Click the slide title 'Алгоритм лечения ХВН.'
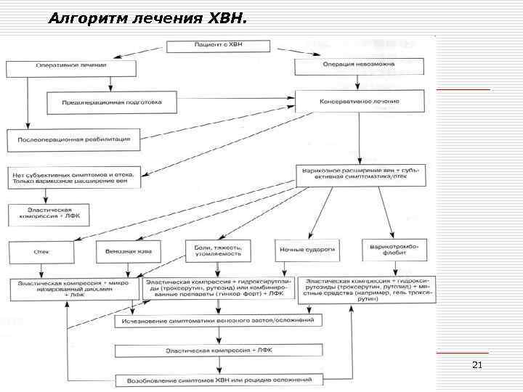click(147, 17)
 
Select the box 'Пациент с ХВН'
click(219, 46)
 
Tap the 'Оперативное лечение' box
click(71, 68)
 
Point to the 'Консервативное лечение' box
click(359, 102)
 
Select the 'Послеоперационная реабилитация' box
click(73, 138)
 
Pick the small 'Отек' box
click(41, 251)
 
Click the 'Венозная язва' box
click(128, 251)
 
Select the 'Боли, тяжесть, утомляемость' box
click(218, 250)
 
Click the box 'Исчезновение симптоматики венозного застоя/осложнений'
click(218, 320)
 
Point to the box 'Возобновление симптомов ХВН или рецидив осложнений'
click(218, 380)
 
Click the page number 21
click(477, 364)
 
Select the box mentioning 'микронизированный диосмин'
click(73, 288)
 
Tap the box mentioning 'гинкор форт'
click(218, 287)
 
